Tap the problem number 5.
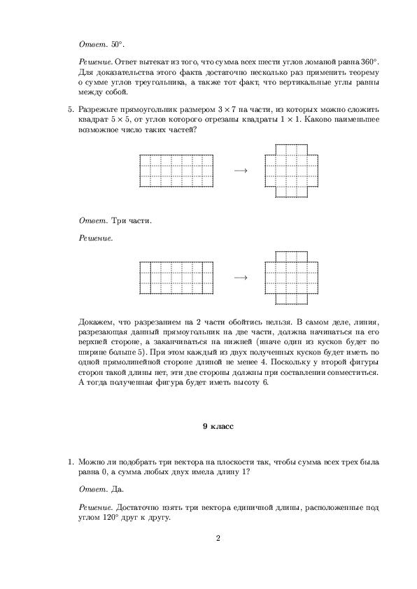coord(70,110)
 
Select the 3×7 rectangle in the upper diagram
coord(176,171)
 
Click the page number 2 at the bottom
coord(218,538)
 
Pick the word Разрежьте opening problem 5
coord(102,110)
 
